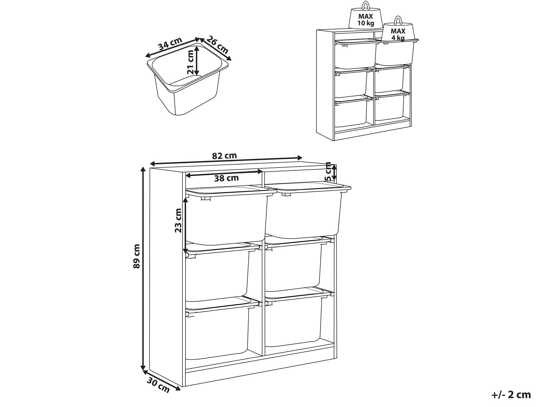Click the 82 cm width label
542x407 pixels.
click(x=224, y=156)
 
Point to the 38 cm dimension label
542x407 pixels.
click(x=226, y=178)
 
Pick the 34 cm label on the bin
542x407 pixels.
click(x=170, y=44)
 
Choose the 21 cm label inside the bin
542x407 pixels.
click(x=190, y=62)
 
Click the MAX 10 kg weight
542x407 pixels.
click(x=366, y=20)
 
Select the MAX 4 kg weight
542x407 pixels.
click(x=398, y=34)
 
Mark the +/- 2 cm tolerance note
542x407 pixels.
click(x=511, y=395)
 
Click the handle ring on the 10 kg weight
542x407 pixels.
click(x=366, y=5)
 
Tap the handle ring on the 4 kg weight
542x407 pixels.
click(x=398, y=20)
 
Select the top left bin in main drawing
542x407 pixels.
click(x=226, y=219)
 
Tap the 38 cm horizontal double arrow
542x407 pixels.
click(x=224, y=172)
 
